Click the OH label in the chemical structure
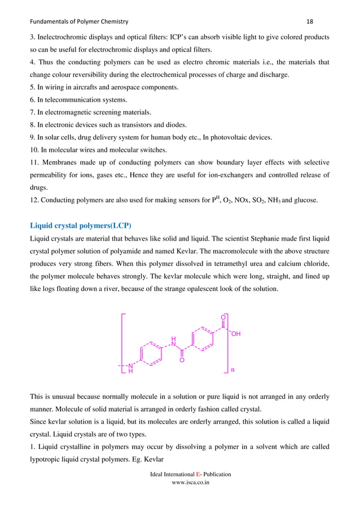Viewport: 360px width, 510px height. point(236,334)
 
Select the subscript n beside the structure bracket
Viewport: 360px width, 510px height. point(232,370)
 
